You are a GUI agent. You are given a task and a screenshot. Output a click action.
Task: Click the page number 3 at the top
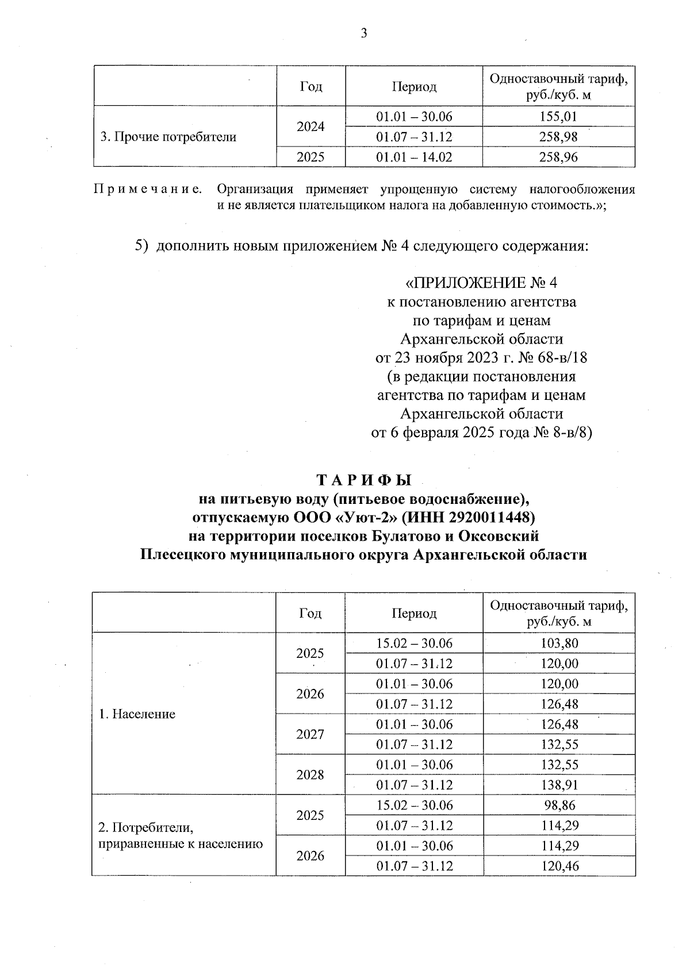coord(363,33)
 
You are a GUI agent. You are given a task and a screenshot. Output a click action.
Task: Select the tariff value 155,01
coord(558,117)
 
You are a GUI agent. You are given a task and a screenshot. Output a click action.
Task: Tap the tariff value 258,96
coord(558,157)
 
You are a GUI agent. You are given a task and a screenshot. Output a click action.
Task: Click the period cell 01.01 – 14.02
coord(414,157)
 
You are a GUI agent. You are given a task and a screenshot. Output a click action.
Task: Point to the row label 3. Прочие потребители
coord(168,137)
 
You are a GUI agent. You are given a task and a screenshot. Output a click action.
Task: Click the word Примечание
coord(148,190)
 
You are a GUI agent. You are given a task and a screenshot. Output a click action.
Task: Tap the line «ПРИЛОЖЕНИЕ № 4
coord(481,283)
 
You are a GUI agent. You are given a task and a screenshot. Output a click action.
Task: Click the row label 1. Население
coord(137,714)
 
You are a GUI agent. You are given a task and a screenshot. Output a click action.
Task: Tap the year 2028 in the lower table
coord(310,774)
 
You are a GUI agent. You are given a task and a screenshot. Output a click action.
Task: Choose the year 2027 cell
coord(310,734)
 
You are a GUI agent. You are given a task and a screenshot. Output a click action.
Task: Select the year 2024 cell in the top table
coord(310,126)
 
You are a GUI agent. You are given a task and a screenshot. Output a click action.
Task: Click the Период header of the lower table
coord(414,613)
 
